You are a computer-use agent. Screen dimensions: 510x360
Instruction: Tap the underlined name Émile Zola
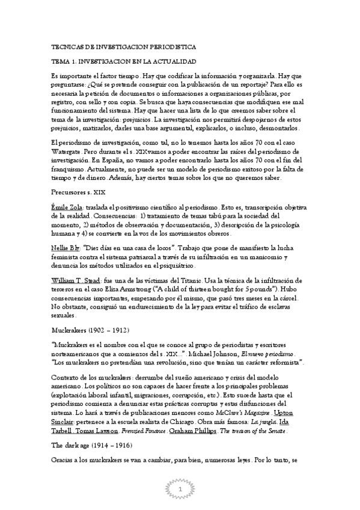[67, 206]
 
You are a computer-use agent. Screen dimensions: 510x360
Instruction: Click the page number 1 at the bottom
[180, 491]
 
